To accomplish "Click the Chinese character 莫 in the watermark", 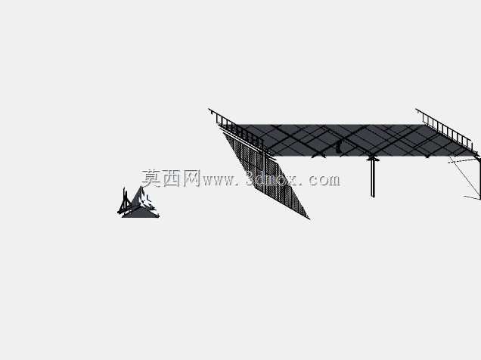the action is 151,178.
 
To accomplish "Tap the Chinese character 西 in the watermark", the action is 171,178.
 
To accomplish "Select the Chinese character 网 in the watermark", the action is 191,178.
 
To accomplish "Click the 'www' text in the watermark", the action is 218,181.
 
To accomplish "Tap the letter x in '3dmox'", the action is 291,181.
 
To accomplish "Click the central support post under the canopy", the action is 373,178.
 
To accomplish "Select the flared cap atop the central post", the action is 373,159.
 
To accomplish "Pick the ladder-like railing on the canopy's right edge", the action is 444,128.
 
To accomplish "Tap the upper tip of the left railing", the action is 209,109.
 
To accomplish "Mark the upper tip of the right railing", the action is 416,109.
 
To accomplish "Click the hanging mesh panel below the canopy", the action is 266,175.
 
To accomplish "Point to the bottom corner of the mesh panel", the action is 309,219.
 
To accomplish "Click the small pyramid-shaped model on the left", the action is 138,203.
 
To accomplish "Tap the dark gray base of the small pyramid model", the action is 141,213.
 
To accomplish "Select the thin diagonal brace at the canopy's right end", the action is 464,177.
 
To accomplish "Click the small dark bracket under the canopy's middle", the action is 338,147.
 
